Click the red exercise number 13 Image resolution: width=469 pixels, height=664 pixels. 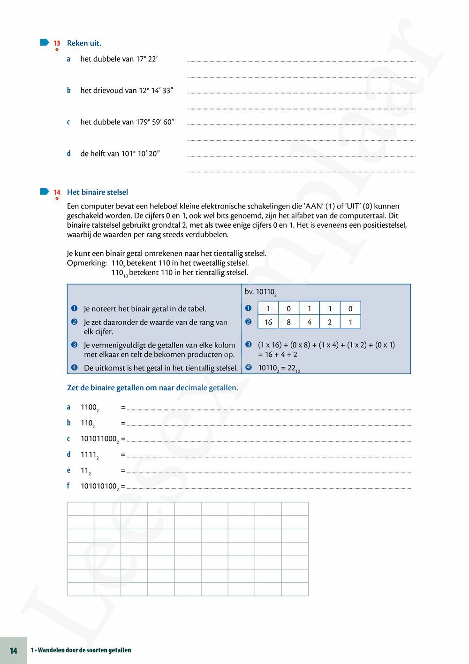pos(57,43)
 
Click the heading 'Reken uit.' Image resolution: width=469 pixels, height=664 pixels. pos(84,43)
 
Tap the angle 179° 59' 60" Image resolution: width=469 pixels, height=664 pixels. pos(155,122)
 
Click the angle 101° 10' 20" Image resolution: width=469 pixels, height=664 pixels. pos(140,154)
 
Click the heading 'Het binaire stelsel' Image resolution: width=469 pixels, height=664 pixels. pos(97,192)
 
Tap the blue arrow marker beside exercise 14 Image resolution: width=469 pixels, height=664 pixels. pos(45,191)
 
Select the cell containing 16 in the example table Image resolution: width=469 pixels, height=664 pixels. pos(268,322)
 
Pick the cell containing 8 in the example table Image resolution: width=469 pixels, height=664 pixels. pos(288,322)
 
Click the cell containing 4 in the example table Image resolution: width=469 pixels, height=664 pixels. pos(309,322)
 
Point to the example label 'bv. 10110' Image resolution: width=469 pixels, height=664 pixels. pos(260,292)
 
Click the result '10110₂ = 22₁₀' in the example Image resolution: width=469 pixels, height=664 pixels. pos(279,368)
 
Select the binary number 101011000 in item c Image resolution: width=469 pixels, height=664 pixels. pos(99,439)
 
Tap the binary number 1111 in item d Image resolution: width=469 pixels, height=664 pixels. pos(89,455)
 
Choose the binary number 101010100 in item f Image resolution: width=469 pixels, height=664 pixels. pos(99,486)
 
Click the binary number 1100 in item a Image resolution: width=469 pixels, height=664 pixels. pos(89,408)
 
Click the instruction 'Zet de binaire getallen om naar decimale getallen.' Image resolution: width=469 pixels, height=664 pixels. pos(152,388)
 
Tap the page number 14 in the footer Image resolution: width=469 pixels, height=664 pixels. pos(14,650)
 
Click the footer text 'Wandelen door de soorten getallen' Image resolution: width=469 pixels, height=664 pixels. pos(84,650)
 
